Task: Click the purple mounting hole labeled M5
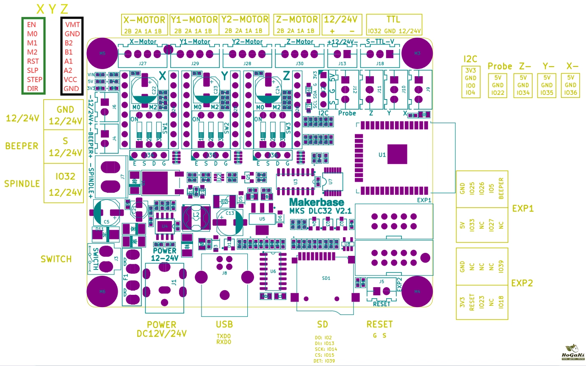point(102,53)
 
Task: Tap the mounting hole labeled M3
point(417,53)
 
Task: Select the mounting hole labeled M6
point(102,291)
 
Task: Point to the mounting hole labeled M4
point(417,291)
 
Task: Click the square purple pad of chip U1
point(397,154)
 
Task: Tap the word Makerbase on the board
point(316,202)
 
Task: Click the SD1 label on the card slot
point(326,278)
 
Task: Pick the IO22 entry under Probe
point(498,93)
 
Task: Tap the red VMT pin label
point(72,25)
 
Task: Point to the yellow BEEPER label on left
point(22,146)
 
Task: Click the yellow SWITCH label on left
point(56,259)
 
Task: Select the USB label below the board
point(224,324)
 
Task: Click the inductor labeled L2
point(196,216)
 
